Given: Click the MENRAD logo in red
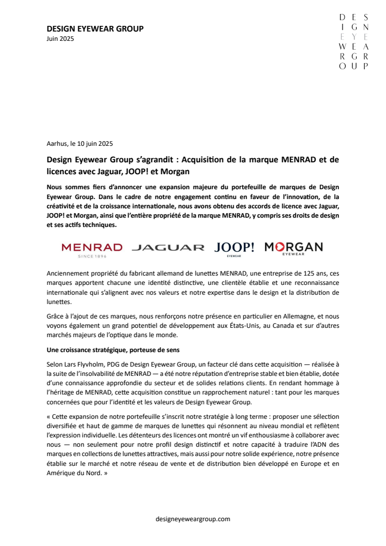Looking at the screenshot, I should [92, 247].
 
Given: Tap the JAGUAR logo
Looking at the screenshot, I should [168, 248].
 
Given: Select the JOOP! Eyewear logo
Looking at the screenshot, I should [234, 248].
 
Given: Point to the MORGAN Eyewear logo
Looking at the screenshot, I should [293, 247].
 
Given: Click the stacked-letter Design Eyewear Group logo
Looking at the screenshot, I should [353, 42].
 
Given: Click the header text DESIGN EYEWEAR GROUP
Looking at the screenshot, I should [95, 28].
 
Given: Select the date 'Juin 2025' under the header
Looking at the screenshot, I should [60, 38].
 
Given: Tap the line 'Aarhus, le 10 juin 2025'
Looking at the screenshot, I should [80, 144].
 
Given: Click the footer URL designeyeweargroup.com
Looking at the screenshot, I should [192, 519].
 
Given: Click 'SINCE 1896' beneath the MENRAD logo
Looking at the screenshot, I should [92, 256].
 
